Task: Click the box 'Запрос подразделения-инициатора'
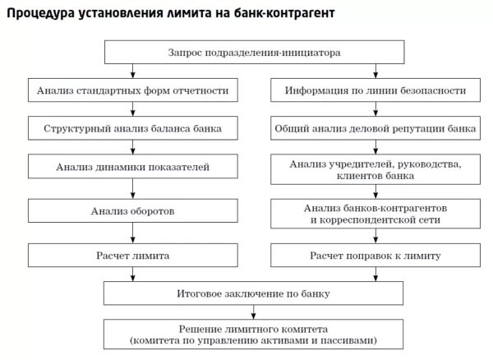[255, 53]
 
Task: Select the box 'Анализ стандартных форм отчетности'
[131, 90]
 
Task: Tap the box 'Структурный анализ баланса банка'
[131, 129]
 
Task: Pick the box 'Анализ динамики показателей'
[131, 168]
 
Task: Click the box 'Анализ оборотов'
[131, 212]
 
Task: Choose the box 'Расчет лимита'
[131, 256]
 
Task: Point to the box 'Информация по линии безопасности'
[376, 90]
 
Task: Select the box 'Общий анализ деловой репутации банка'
[376, 129]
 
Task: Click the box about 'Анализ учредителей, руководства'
[376, 170]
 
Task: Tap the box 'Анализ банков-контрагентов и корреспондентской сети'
[376, 214]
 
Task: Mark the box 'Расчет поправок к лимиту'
[376, 256]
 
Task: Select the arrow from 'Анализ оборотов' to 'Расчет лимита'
[131, 233]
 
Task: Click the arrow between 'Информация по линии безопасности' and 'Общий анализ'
[376, 110]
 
